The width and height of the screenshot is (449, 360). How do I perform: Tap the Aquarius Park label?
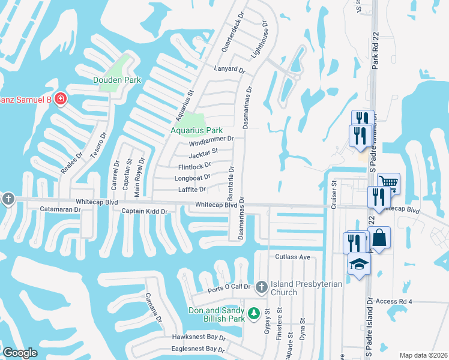pyautogui.click(x=196, y=130)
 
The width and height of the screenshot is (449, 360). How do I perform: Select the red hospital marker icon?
pyautogui.click(x=60, y=98)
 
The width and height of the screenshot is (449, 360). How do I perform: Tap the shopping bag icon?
pyautogui.click(x=379, y=237)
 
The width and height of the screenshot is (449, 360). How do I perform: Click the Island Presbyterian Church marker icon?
pyautogui.click(x=261, y=287)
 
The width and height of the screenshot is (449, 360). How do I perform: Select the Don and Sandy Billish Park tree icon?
pyautogui.click(x=254, y=313)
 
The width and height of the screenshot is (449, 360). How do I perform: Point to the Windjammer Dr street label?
pyautogui.click(x=210, y=142)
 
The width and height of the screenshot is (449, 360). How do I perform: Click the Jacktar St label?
pyautogui.click(x=203, y=154)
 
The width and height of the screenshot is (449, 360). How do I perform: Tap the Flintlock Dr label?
pyautogui.click(x=195, y=166)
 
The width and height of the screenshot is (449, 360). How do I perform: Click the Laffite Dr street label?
pyautogui.click(x=192, y=190)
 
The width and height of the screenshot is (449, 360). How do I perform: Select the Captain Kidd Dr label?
pyautogui.click(x=144, y=211)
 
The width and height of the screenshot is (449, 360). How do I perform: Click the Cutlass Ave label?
pyautogui.click(x=292, y=257)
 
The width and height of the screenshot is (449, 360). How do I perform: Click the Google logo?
pyautogui.click(x=20, y=353)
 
